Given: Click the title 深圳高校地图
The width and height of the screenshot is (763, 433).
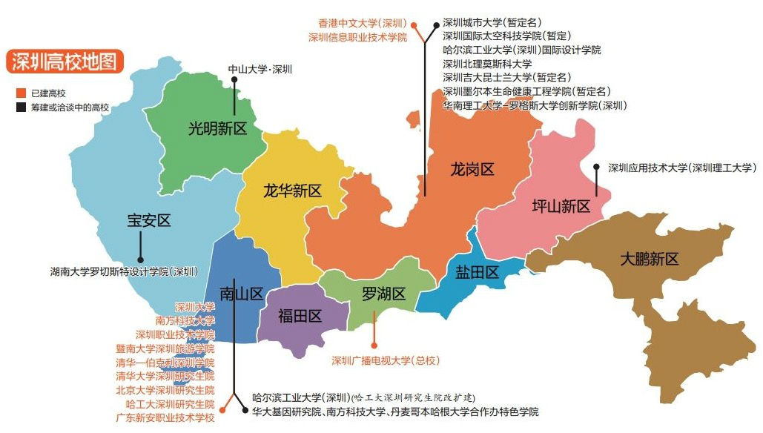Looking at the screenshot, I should (x=65, y=62).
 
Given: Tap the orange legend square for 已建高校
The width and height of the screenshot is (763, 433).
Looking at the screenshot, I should (x=21, y=93).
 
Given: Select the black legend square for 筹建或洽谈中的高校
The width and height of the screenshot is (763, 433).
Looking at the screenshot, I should (x=21, y=108).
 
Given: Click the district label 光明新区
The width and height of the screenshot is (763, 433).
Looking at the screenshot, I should (x=217, y=128).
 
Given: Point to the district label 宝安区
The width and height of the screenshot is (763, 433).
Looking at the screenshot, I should (x=149, y=220).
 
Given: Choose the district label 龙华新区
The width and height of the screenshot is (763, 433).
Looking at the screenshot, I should (x=292, y=191).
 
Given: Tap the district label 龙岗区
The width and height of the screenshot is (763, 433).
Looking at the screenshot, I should (x=472, y=170).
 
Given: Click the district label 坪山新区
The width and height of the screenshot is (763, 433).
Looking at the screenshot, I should (x=561, y=206).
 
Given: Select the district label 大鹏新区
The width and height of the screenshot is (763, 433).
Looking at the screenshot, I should (x=650, y=259).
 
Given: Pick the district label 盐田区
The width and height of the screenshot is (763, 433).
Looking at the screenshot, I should (x=477, y=272).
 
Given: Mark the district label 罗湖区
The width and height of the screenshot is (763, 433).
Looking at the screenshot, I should (x=383, y=294).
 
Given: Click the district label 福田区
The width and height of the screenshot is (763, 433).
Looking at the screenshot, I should (x=300, y=317).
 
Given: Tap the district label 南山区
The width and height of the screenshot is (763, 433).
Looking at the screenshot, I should (x=242, y=294).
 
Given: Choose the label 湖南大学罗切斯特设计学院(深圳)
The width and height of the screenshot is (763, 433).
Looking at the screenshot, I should (x=124, y=271).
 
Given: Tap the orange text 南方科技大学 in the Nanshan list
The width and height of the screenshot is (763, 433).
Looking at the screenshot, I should (x=185, y=320).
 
